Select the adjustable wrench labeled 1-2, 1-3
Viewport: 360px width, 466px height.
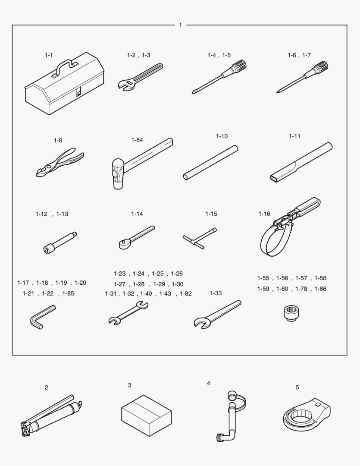coord(140,77)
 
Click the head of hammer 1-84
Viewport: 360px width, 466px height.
coord(118,174)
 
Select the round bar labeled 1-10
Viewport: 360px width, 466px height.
coord(210,163)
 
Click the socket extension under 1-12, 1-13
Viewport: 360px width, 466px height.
coord(60,242)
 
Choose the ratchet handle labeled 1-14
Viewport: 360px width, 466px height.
coord(136,237)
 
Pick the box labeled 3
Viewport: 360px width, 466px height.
coord(147,416)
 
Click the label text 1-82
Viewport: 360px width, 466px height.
coord(186,294)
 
